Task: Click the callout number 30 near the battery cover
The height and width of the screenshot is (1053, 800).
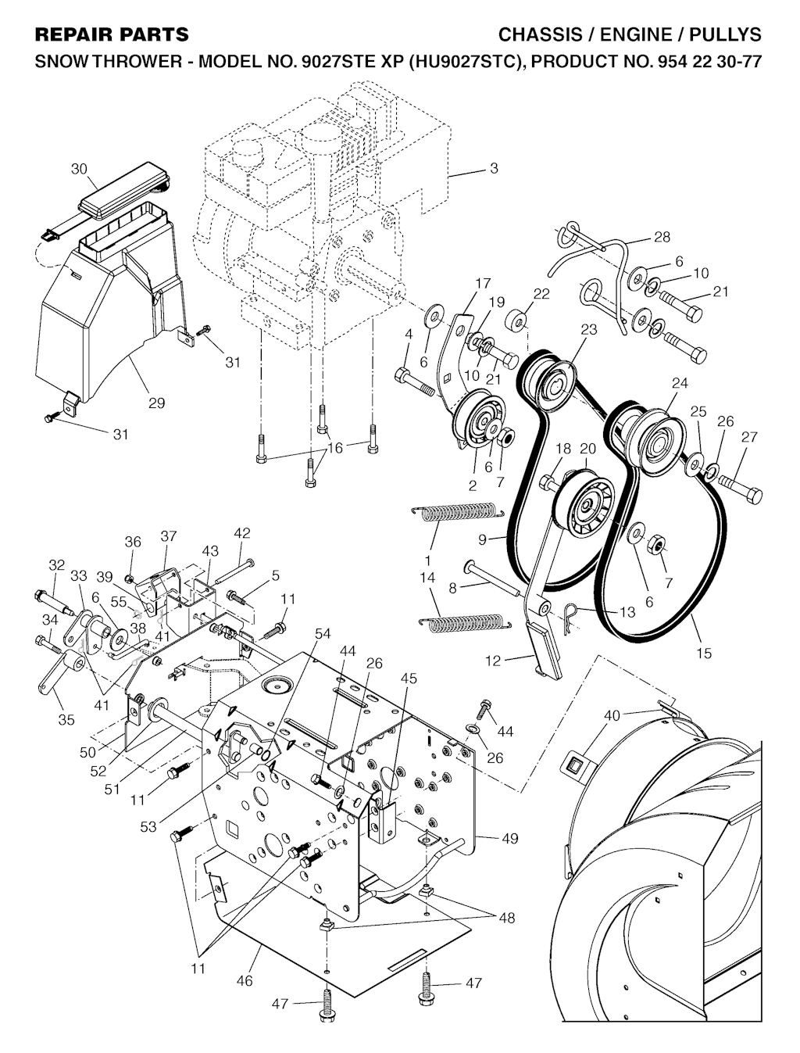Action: pyautogui.click(x=80, y=169)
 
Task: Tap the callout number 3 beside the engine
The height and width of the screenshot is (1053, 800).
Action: pyautogui.click(x=494, y=168)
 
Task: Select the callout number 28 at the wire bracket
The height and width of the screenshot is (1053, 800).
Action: pyautogui.click(x=662, y=237)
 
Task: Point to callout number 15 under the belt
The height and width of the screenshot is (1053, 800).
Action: pyautogui.click(x=704, y=653)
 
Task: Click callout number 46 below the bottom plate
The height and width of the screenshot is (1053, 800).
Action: pyautogui.click(x=245, y=980)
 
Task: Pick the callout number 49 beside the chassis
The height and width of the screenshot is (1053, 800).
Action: pyautogui.click(x=509, y=838)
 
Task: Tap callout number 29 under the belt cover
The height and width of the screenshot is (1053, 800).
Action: pyautogui.click(x=156, y=403)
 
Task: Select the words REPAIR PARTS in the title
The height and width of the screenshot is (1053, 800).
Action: pyautogui.click(x=112, y=34)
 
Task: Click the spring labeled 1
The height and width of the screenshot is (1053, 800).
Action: pyautogui.click(x=458, y=511)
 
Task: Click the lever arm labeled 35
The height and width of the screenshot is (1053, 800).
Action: pyautogui.click(x=60, y=672)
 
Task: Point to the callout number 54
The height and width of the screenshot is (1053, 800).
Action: pyautogui.click(x=323, y=633)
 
